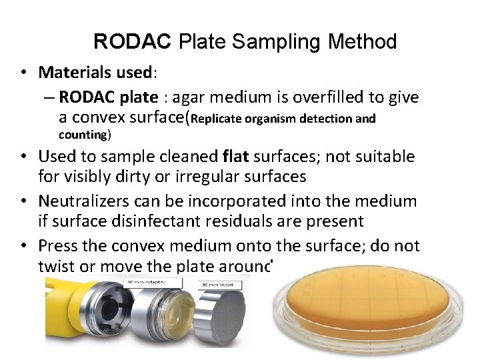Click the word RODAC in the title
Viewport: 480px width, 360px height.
(x=131, y=42)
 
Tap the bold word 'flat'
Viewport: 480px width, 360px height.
(x=236, y=157)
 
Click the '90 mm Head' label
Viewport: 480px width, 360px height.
(x=215, y=285)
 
